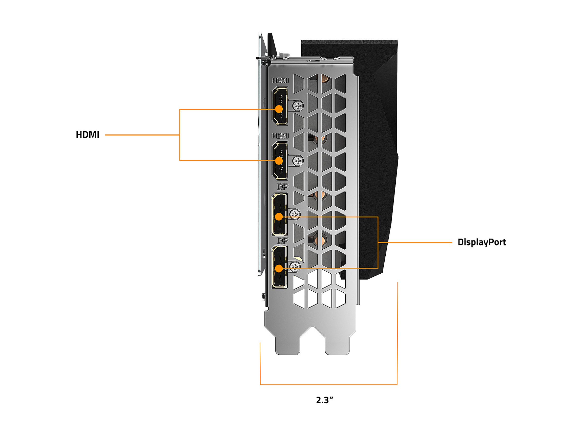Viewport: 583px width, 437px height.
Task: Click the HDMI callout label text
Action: click(88, 135)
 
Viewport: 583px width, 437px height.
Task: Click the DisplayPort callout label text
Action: click(482, 242)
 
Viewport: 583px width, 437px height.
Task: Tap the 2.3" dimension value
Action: click(324, 400)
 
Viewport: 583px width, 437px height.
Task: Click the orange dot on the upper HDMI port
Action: click(279, 109)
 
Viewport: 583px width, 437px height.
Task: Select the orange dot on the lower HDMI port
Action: click(279, 160)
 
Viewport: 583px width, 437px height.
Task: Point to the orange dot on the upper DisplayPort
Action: click(279, 217)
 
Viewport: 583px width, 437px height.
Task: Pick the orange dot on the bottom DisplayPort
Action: click(279, 268)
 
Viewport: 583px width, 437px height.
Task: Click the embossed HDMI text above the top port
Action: click(280, 80)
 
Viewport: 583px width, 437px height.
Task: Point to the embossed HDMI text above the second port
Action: click(280, 136)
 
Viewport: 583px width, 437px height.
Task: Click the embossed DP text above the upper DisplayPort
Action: click(282, 187)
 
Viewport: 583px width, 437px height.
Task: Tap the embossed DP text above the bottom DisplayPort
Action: click(282, 240)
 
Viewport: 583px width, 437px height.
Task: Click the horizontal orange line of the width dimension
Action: click(328, 385)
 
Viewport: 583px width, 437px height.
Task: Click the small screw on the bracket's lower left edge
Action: click(263, 297)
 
